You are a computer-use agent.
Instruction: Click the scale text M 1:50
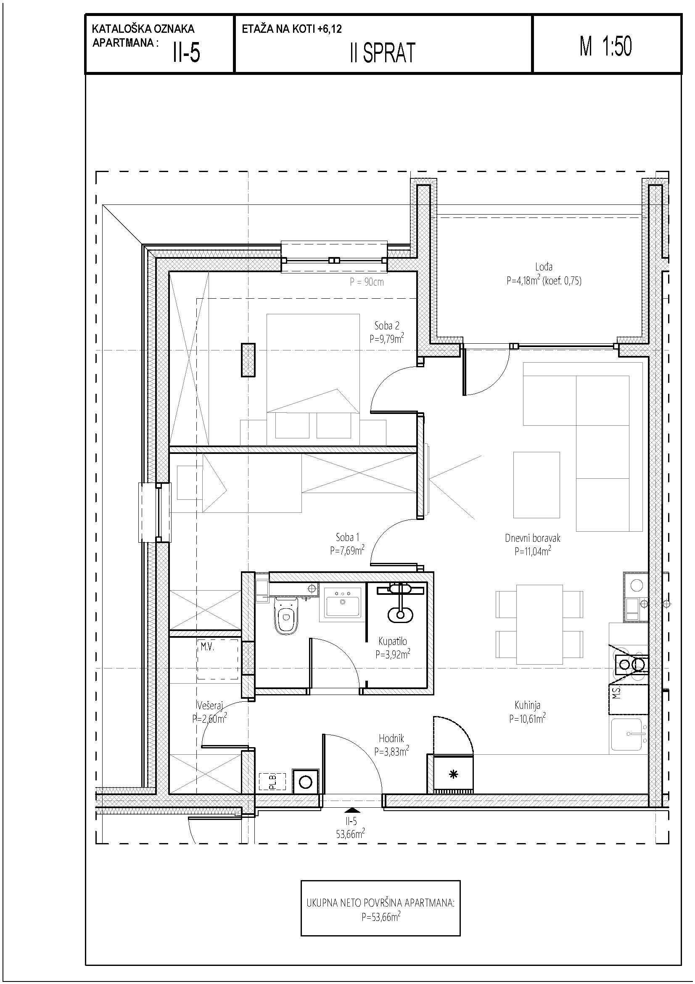(x=605, y=46)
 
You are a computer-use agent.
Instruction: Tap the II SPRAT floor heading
(x=383, y=53)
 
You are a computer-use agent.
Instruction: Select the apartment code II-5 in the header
(x=186, y=53)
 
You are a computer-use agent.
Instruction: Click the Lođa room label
(x=543, y=266)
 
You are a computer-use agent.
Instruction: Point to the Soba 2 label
(x=387, y=325)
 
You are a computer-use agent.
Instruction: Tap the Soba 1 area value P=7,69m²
(x=347, y=550)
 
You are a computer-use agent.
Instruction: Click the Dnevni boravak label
(x=532, y=538)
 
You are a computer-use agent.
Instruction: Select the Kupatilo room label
(x=392, y=641)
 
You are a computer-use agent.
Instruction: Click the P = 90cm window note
(x=367, y=282)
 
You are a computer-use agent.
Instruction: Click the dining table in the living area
(x=539, y=624)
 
